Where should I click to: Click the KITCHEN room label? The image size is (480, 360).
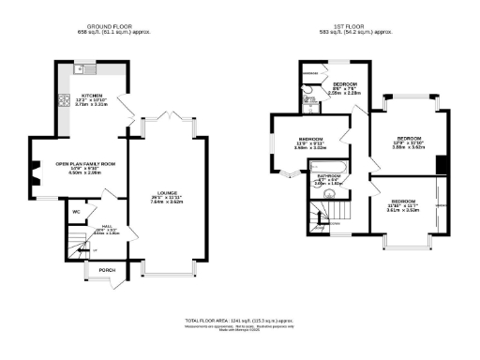click(x=91, y=95)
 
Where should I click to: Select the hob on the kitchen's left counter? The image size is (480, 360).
click(x=64, y=100)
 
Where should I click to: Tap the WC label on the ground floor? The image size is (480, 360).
click(x=76, y=211)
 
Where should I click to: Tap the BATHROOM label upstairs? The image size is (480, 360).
click(x=328, y=176)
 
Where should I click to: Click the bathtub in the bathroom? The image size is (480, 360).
click(x=328, y=168)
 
